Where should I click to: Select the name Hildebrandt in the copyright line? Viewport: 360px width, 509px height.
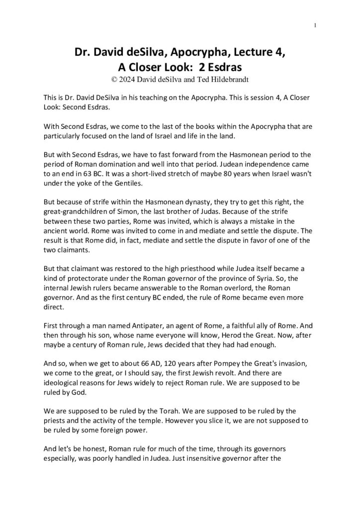224,77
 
